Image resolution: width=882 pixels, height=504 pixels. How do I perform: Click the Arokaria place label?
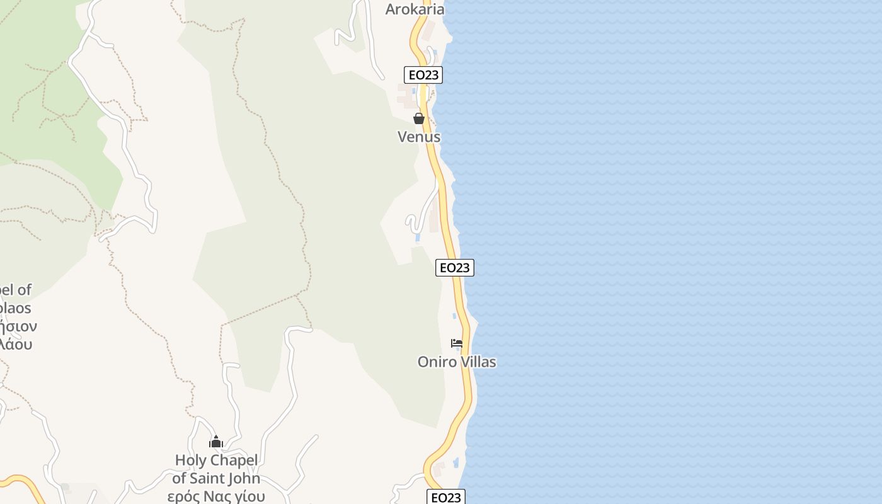[x=415, y=9]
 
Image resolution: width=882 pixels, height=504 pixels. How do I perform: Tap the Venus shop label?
[x=419, y=137]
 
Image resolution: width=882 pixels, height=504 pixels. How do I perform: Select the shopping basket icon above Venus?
[x=419, y=118]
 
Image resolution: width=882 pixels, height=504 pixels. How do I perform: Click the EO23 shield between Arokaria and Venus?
[x=423, y=75]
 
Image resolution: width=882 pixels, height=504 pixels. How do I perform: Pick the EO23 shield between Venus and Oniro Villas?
[x=454, y=268]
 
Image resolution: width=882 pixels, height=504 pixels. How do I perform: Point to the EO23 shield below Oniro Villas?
[x=445, y=497]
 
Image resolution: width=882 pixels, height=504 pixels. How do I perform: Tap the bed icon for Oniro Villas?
[x=457, y=343]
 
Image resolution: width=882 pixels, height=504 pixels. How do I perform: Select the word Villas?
[x=478, y=362]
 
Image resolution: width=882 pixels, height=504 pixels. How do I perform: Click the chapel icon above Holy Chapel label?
[x=216, y=442]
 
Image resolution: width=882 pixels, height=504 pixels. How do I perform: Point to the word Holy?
[x=191, y=461]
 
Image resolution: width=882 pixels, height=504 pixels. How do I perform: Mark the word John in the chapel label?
[x=246, y=479]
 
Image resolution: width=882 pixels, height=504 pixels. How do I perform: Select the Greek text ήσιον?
[x=18, y=326]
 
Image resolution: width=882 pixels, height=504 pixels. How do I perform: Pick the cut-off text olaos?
[x=15, y=309]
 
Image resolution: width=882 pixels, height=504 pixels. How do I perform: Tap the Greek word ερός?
[x=184, y=496]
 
